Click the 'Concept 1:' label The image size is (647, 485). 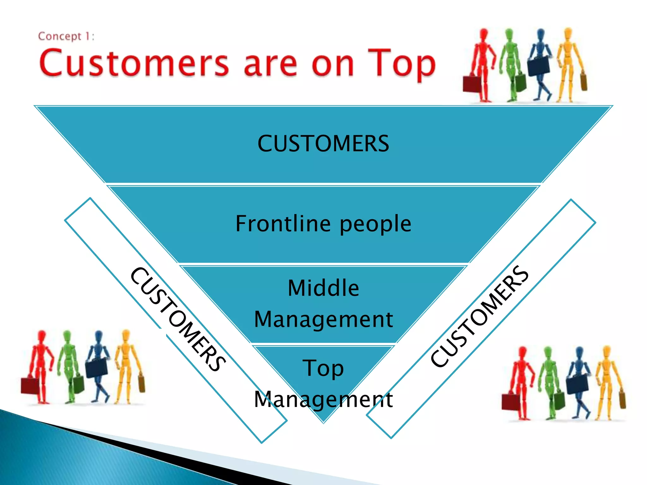[66, 37]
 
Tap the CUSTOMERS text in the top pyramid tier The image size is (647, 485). [323, 144]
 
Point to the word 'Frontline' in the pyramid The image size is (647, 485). [283, 224]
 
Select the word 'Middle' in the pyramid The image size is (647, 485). [323, 288]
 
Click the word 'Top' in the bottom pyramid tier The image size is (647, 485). [323, 368]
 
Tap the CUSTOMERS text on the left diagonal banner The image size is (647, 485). [178, 319]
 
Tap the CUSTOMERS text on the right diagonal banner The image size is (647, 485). [479, 316]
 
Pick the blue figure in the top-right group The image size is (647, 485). [541, 63]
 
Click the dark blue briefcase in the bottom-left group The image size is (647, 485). [97, 368]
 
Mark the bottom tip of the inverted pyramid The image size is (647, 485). [323, 422]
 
